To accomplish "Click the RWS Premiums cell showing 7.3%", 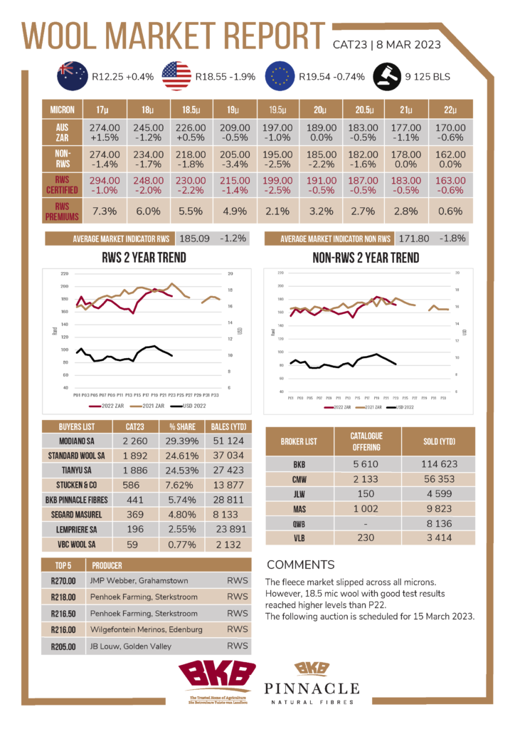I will [x=102, y=211].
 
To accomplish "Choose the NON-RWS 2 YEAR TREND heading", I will [x=366, y=257].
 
